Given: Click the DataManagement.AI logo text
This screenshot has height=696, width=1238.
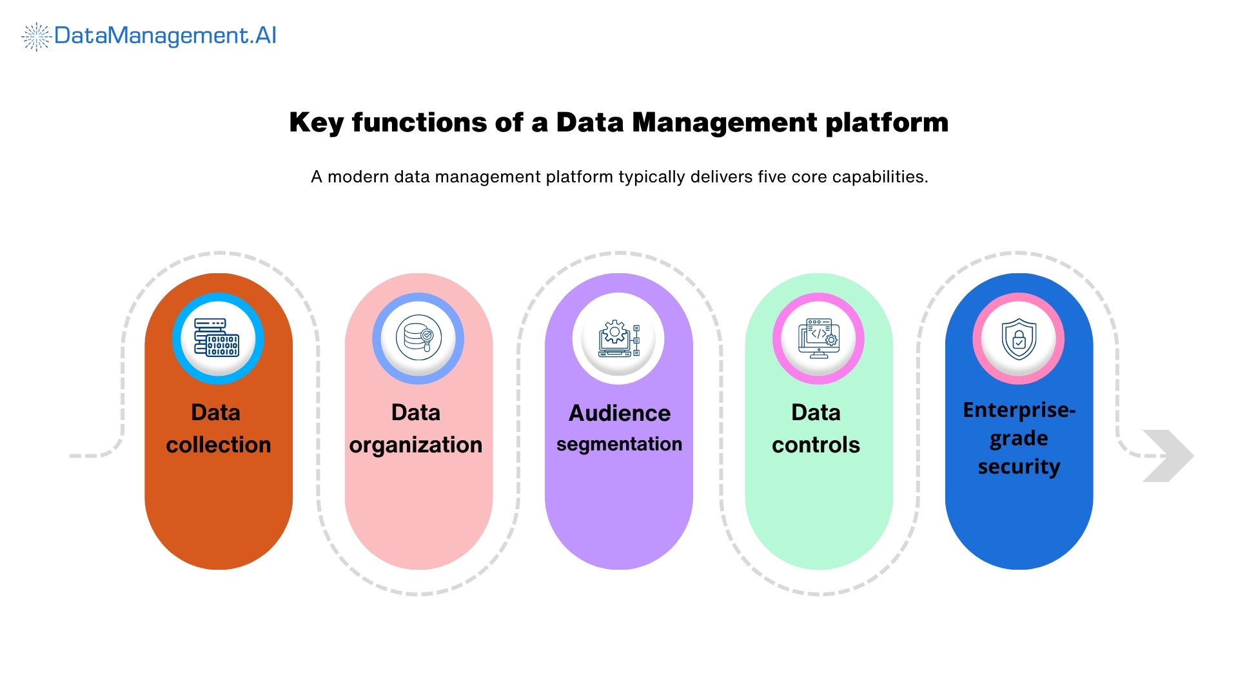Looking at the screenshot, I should coord(165,35).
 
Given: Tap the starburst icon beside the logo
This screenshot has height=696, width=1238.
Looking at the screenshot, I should coord(37,37).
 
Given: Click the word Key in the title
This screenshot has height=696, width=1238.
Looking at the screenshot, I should coord(316,122).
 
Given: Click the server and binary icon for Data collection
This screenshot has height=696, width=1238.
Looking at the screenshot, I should coord(217,338).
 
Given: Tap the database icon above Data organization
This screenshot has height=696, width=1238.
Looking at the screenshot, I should coord(418,338).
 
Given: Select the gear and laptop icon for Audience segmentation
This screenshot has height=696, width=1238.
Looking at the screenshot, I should coord(618,339).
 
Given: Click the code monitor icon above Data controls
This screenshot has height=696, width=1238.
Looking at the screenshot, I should coord(818,338).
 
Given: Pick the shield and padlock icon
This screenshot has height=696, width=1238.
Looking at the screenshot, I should coord(1019,339).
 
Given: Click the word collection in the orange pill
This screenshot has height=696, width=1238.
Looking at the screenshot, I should coord(218,445).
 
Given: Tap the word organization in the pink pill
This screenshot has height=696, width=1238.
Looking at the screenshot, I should coord(416,445).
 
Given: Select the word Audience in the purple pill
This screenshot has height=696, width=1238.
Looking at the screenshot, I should coord(619,413).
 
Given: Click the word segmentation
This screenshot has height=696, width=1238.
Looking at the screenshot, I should coord(619,444).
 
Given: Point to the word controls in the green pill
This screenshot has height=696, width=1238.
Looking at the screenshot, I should coord(816,445).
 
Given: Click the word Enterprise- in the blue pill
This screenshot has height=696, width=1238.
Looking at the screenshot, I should coord(1019,410).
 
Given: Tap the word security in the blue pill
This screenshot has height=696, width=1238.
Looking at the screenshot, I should coord(1019,467).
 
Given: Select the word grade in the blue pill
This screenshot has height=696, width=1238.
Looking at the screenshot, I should coord(1019,439).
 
